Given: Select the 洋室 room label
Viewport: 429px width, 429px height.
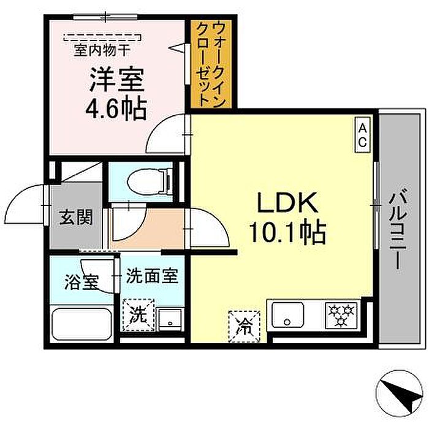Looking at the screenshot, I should [x=118, y=80].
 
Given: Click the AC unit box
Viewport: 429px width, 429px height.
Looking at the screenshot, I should [x=363, y=134].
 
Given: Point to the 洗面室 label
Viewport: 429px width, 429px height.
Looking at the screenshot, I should [x=151, y=276].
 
